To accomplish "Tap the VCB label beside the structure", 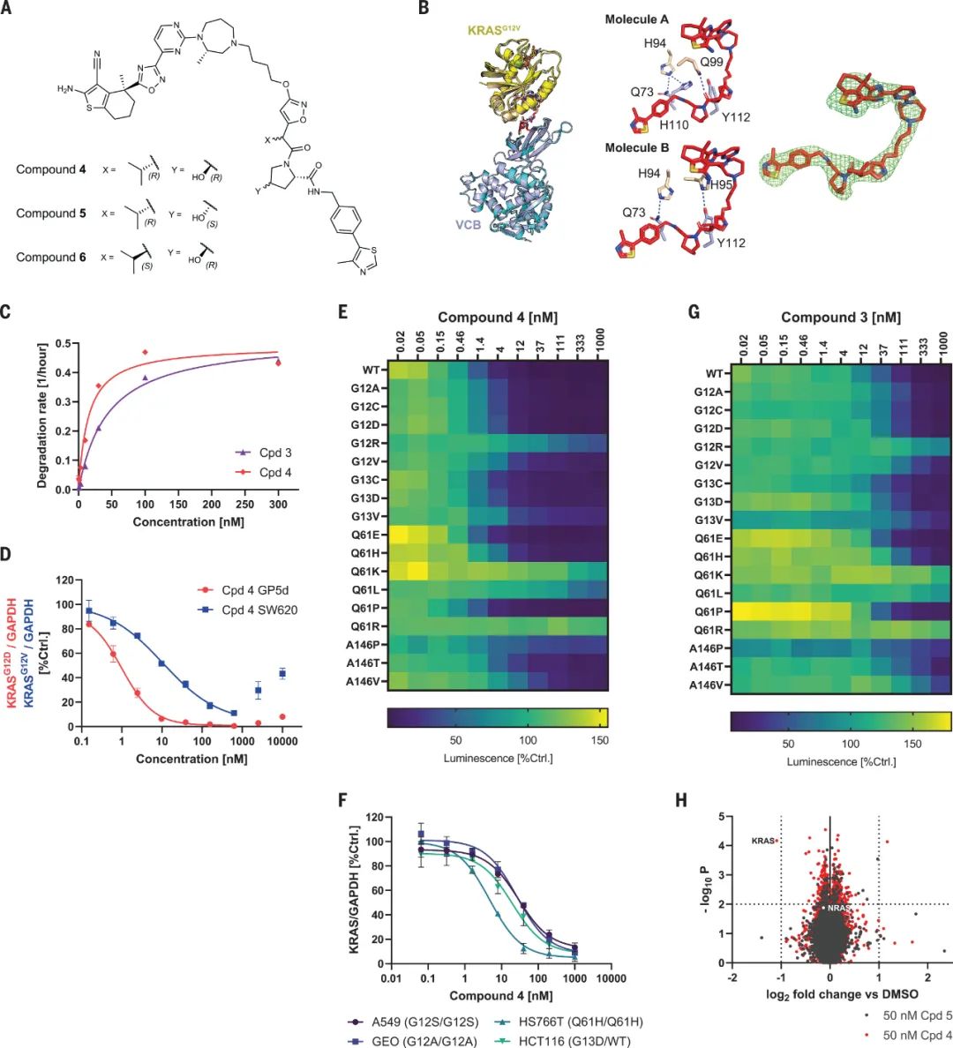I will click(x=468, y=225).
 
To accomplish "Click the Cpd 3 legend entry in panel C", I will click(x=274, y=453).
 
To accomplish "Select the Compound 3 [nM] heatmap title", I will click(x=840, y=318).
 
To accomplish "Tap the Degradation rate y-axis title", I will click(x=42, y=415).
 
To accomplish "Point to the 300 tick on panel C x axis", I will click(x=277, y=505).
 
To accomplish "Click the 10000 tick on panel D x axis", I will click(x=283, y=742).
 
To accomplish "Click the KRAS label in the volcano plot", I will click(x=762, y=841).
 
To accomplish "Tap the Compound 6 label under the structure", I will click(x=50, y=257).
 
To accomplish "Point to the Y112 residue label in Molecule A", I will click(x=734, y=116).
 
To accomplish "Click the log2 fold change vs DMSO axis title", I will click(x=830, y=995).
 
